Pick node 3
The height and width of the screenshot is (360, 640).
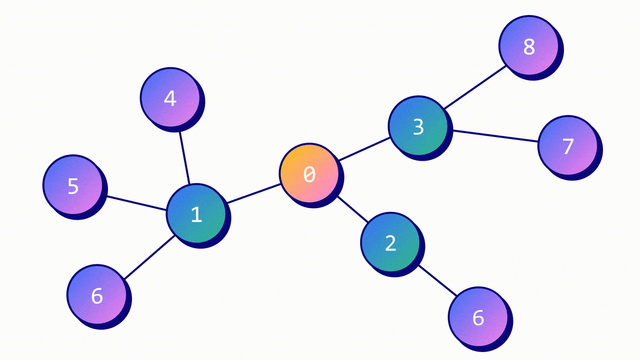click(418, 126)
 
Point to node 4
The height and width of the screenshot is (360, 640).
click(170, 98)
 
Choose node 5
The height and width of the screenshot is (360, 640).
click(73, 185)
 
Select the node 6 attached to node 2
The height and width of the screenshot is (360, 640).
click(478, 317)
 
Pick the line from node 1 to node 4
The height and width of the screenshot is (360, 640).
click(184, 157)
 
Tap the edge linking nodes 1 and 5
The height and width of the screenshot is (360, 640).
click(136, 203)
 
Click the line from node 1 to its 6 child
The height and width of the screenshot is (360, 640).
click(149, 257)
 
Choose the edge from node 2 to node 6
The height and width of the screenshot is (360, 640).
click(437, 280)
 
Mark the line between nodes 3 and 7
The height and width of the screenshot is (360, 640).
click(495, 136)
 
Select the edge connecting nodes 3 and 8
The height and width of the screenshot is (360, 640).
click(475, 87)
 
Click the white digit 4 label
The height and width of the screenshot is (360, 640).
click(170, 98)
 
